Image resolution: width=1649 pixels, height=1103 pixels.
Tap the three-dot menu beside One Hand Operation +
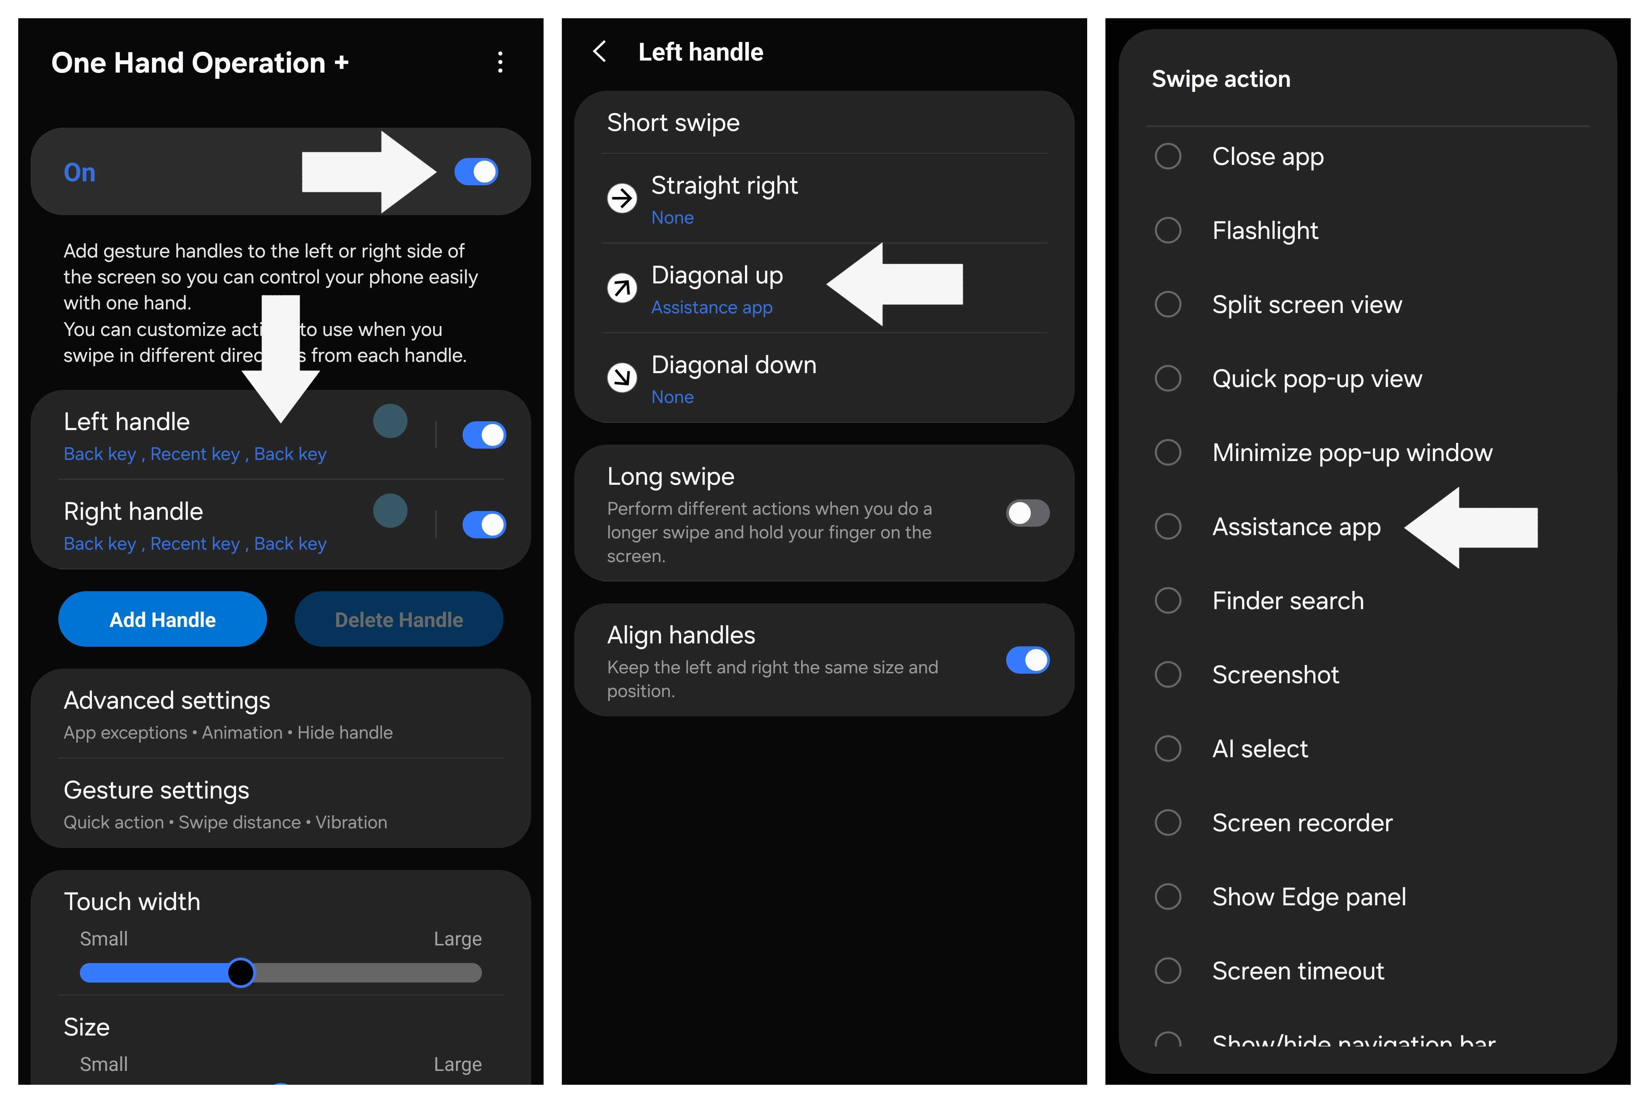500,63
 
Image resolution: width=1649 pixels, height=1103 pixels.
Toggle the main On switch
476,172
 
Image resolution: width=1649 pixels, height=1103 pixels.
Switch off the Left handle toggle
484,435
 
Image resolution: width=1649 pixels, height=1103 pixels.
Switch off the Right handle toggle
484,525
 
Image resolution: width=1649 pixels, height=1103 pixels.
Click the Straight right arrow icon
622,198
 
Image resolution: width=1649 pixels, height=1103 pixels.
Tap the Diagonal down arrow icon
622,378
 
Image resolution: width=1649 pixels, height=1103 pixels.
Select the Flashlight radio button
1168,230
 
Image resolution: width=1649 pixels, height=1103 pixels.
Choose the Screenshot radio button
1168,675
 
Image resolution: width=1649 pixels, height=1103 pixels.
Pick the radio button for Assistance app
1168,526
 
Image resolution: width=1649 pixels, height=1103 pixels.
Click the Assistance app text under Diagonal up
711,307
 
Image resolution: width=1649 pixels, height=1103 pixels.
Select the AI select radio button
1168,748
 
